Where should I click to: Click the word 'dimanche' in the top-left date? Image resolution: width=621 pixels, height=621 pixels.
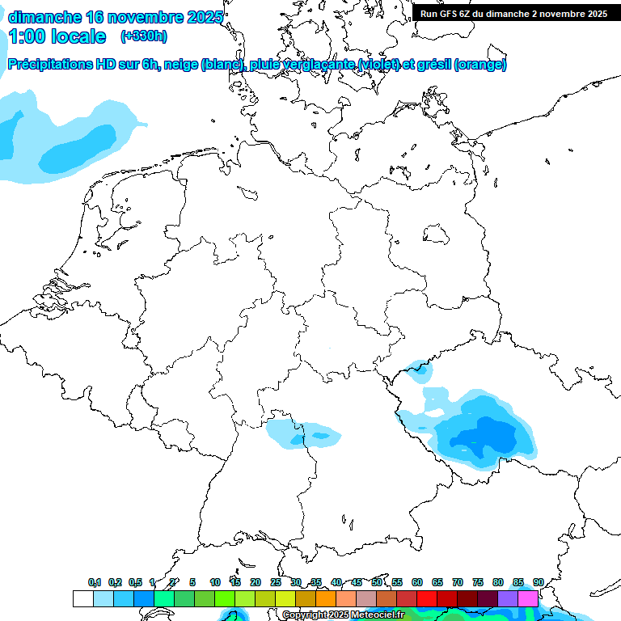(44, 17)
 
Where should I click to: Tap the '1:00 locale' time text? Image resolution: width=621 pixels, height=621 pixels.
(57, 36)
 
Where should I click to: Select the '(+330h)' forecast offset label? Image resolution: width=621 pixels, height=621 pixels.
(144, 36)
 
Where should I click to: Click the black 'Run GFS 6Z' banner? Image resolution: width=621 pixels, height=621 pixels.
(514, 13)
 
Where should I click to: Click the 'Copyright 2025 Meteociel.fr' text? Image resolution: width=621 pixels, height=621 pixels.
(343, 615)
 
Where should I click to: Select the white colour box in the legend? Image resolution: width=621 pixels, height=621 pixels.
(82, 598)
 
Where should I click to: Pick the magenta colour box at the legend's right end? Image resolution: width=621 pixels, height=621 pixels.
(528, 598)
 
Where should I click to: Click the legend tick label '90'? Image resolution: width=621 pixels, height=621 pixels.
(538, 582)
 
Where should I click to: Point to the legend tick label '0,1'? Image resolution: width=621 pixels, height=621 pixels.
(95, 582)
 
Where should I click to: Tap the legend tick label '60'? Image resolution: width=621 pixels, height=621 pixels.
(417, 582)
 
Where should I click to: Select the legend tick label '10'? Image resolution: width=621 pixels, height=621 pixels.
(215, 582)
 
